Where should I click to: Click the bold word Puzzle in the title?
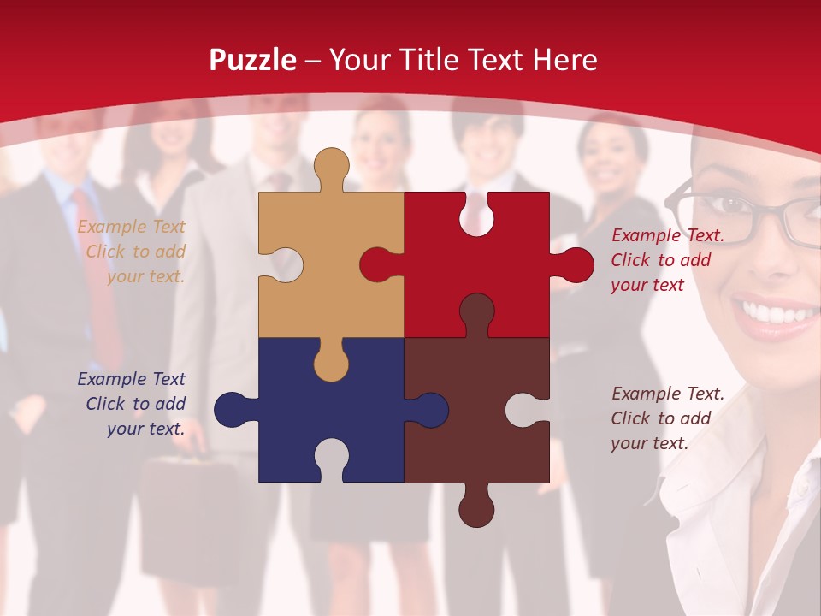coord(253,60)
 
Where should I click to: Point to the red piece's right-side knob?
coord(573,265)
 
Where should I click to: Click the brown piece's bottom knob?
coord(476,508)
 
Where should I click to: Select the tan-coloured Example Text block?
coord(133,252)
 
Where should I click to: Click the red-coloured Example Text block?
coord(667,260)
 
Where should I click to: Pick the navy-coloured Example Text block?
coord(133,404)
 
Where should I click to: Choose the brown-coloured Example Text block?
coord(667,418)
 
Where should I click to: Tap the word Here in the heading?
coord(564,60)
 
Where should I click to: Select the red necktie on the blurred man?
coord(98,274)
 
